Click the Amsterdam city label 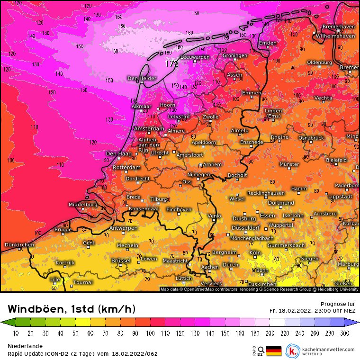click(x=149, y=129)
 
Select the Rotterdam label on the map click(x=126, y=168)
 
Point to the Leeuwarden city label click(x=195, y=57)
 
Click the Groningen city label click(x=235, y=56)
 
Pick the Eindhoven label click(x=179, y=209)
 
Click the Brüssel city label click(x=120, y=261)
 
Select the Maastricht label click(x=175, y=261)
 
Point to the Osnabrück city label click(x=311, y=137)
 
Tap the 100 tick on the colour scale click(x=150, y=333)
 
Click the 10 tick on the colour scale click(x=16, y=333)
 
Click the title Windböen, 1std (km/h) click(x=72, y=309)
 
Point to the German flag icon click(x=274, y=351)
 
